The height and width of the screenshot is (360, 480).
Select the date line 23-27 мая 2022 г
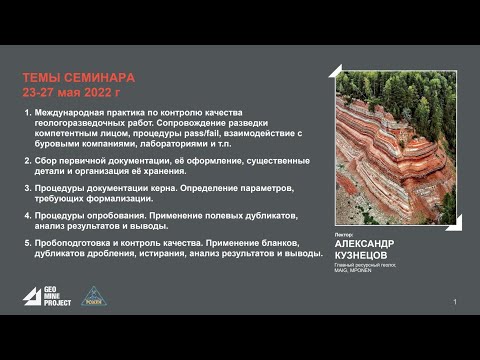70,90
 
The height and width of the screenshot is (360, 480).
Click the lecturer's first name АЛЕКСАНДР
365,243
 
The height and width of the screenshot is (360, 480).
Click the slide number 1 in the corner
455,301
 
